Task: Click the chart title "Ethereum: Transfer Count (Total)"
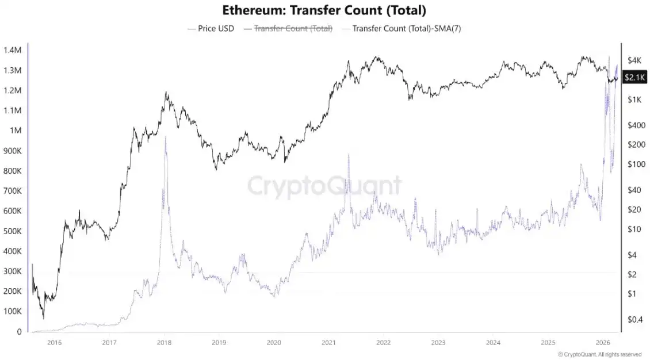(x=324, y=10)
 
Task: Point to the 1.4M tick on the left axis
(x=12, y=51)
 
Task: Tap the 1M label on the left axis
(x=16, y=131)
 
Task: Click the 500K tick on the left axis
(x=12, y=231)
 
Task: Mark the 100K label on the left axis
(x=12, y=311)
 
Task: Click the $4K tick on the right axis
(x=635, y=60)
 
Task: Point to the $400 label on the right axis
(x=635, y=125)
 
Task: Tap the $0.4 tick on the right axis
(x=635, y=319)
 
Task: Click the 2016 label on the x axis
(x=54, y=343)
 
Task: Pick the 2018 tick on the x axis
(x=164, y=343)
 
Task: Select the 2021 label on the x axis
(x=328, y=343)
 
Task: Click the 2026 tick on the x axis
(x=602, y=343)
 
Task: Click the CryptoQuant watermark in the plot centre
(x=324, y=186)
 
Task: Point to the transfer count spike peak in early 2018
(x=166, y=136)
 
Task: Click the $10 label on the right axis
(x=633, y=229)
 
